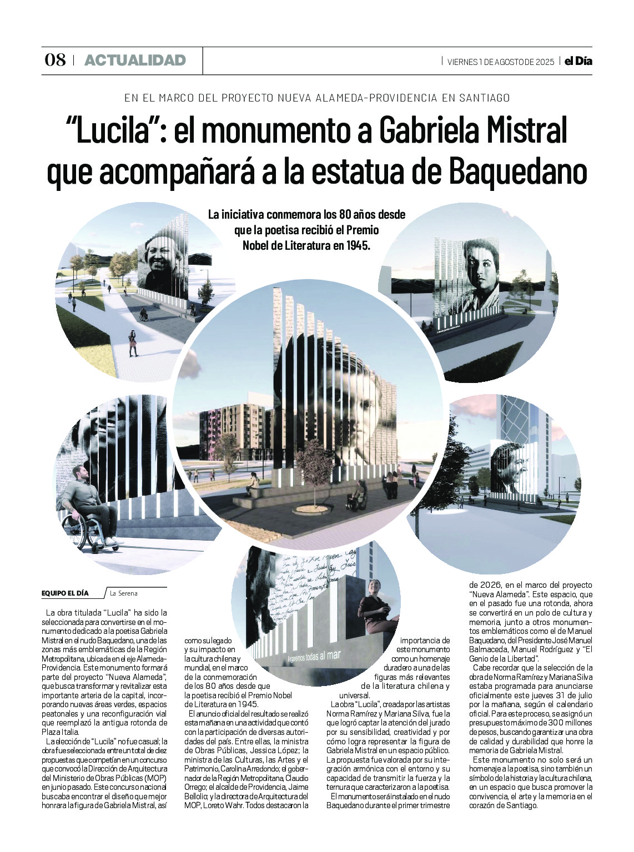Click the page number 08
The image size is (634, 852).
[x=55, y=60]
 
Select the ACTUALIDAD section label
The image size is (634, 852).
[x=135, y=61]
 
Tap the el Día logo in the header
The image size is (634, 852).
[x=578, y=61]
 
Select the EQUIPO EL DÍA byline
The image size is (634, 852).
[x=65, y=593]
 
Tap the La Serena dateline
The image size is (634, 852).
[x=123, y=593]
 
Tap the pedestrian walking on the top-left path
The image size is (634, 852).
[x=133, y=343]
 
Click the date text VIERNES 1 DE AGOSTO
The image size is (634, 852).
[x=500, y=62]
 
